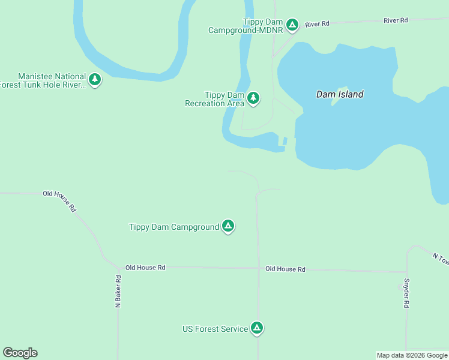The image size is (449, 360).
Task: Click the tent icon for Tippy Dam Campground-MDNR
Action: point(292,25)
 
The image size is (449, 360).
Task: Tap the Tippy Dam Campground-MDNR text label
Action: point(246,26)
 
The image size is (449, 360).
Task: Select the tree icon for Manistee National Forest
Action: point(94,79)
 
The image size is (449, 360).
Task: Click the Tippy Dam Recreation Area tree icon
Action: point(253,98)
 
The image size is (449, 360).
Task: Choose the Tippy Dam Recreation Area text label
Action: point(215,99)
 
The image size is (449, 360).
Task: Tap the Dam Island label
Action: point(340,94)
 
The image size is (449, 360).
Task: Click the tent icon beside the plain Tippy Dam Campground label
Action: point(228,226)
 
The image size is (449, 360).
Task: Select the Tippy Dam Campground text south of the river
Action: point(174,227)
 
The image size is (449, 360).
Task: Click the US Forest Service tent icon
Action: point(256,328)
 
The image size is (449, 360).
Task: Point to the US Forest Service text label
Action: point(215,329)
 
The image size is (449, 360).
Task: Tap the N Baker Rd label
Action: point(118,292)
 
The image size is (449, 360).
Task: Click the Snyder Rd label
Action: point(406,293)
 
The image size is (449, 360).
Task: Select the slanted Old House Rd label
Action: point(60,200)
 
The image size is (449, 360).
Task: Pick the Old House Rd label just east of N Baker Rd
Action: point(145,268)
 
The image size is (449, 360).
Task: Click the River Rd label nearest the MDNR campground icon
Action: point(317,24)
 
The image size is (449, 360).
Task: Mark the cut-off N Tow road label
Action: point(440,258)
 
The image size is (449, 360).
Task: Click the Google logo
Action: point(20,353)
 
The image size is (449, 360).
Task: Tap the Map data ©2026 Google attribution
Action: point(412,355)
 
